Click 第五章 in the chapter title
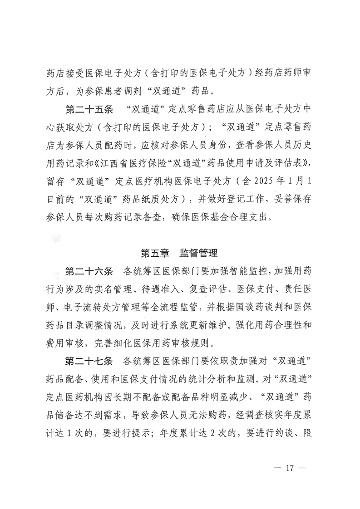[157, 252]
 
